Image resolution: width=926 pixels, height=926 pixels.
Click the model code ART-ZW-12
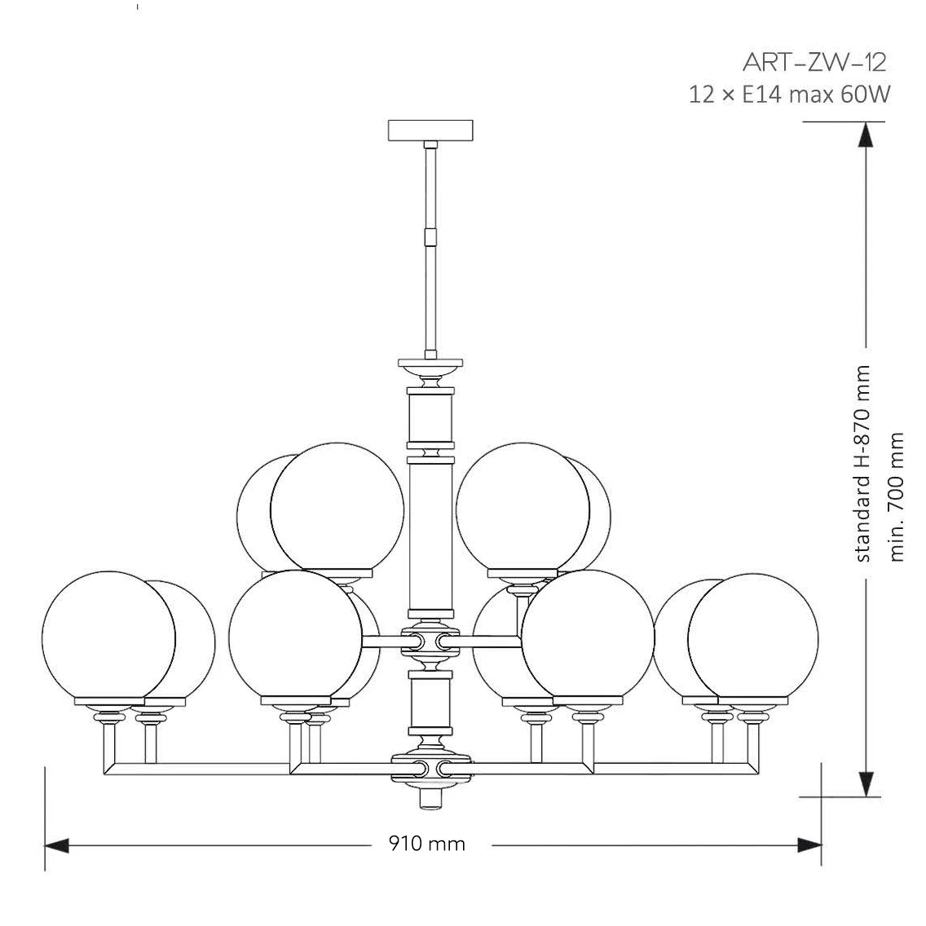pyautogui.click(x=814, y=62)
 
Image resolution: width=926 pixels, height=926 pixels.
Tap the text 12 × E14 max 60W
pyautogui.click(x=789, y=95)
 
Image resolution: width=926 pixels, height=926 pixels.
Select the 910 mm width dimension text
pyautogui.click(x=427, y=844)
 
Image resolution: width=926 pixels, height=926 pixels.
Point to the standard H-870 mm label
pyautogui.click(x=862, y=464)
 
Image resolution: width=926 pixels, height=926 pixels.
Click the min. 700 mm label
pyautogui.click(x=896, y=496)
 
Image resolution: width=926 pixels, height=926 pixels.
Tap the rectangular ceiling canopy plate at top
pyautogui.click(x=430, y=130)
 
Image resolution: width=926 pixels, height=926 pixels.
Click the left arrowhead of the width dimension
pyautogui.click(x=57, y=845)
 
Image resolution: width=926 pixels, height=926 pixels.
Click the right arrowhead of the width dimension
pyautogui.click(x=809, y=845)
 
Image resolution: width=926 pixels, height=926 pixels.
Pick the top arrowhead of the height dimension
pyautogui.click(x=866, y=134)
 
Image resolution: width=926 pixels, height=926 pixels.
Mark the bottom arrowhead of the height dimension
pyautogui.click(x=866, y=784)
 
